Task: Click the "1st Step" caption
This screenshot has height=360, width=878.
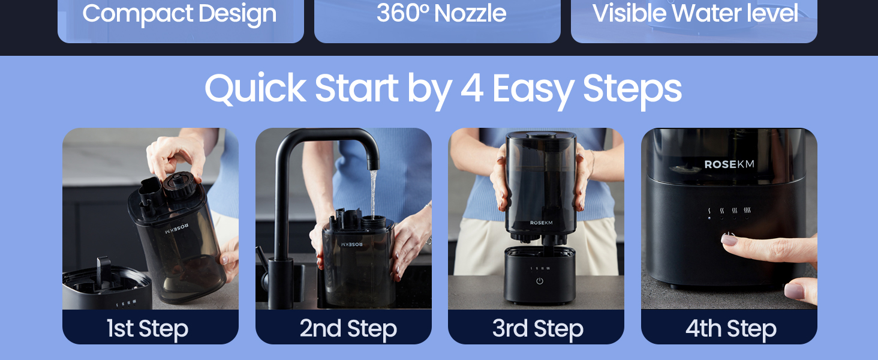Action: pyautogui.click(x=148, y=329)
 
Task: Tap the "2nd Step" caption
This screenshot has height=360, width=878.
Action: pyautogui.click(x=348, y=329)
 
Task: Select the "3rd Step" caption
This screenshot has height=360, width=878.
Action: pyautogui.click(x=537, y=329)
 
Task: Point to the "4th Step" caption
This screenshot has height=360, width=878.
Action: pyautogui.click(x=730, y=329)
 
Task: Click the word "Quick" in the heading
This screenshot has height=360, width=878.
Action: pyautogui.click(x=255, y=89)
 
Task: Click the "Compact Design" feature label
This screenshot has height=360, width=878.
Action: pyautogui.click(x=179, y=14)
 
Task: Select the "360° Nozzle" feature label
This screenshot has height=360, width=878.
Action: pyautogui.click(x=441, y=14)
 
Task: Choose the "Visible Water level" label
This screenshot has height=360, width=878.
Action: pyautogui.click(x=695, y=14)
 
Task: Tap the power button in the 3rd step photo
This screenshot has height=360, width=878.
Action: pyautogui.click(x=539, y=281)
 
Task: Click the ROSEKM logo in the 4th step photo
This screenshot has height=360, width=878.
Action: pyautogui.click(x=729, y=164)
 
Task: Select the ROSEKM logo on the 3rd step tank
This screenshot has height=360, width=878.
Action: pyautogui.click(x=541, y=223)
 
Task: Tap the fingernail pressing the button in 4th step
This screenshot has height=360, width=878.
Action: pyautogui.click(x=729, y=239)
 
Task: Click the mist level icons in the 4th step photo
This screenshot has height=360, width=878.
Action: pyautogui.click(x=727, y=211)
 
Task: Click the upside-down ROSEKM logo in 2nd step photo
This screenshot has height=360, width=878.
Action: pyautogui.click(x=351, y=244)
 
